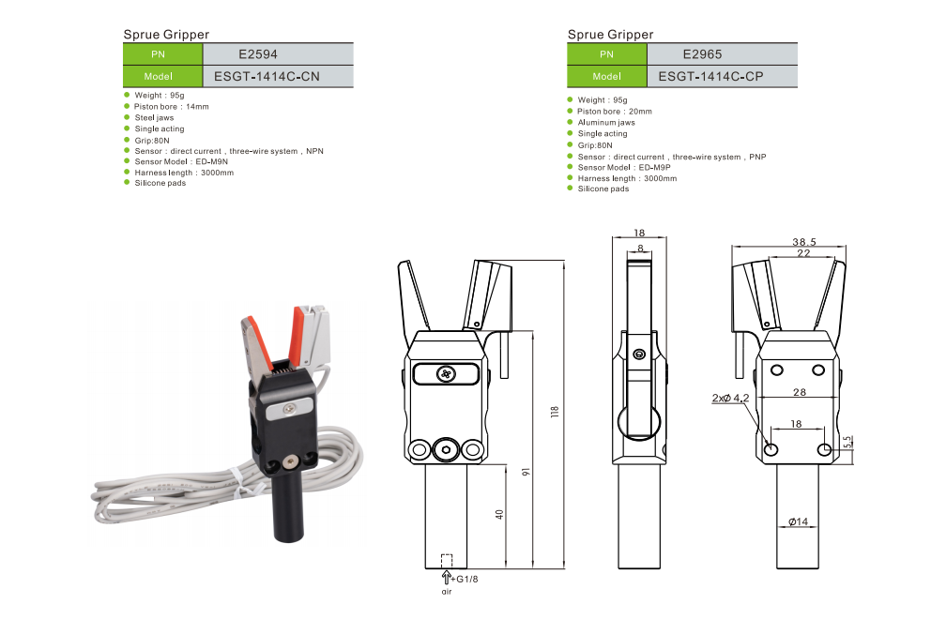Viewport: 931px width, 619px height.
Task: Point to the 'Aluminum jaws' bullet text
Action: [606, 123]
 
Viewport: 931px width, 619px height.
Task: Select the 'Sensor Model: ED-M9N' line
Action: [181, 161]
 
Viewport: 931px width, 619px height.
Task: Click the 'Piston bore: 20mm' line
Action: [615, 112]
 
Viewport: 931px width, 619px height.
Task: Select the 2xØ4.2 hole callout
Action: [730, 399]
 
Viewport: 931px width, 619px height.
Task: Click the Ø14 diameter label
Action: [798, 521]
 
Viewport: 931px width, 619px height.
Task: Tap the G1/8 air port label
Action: [466, 579]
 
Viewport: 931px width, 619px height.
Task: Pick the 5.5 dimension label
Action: [847, 441]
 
